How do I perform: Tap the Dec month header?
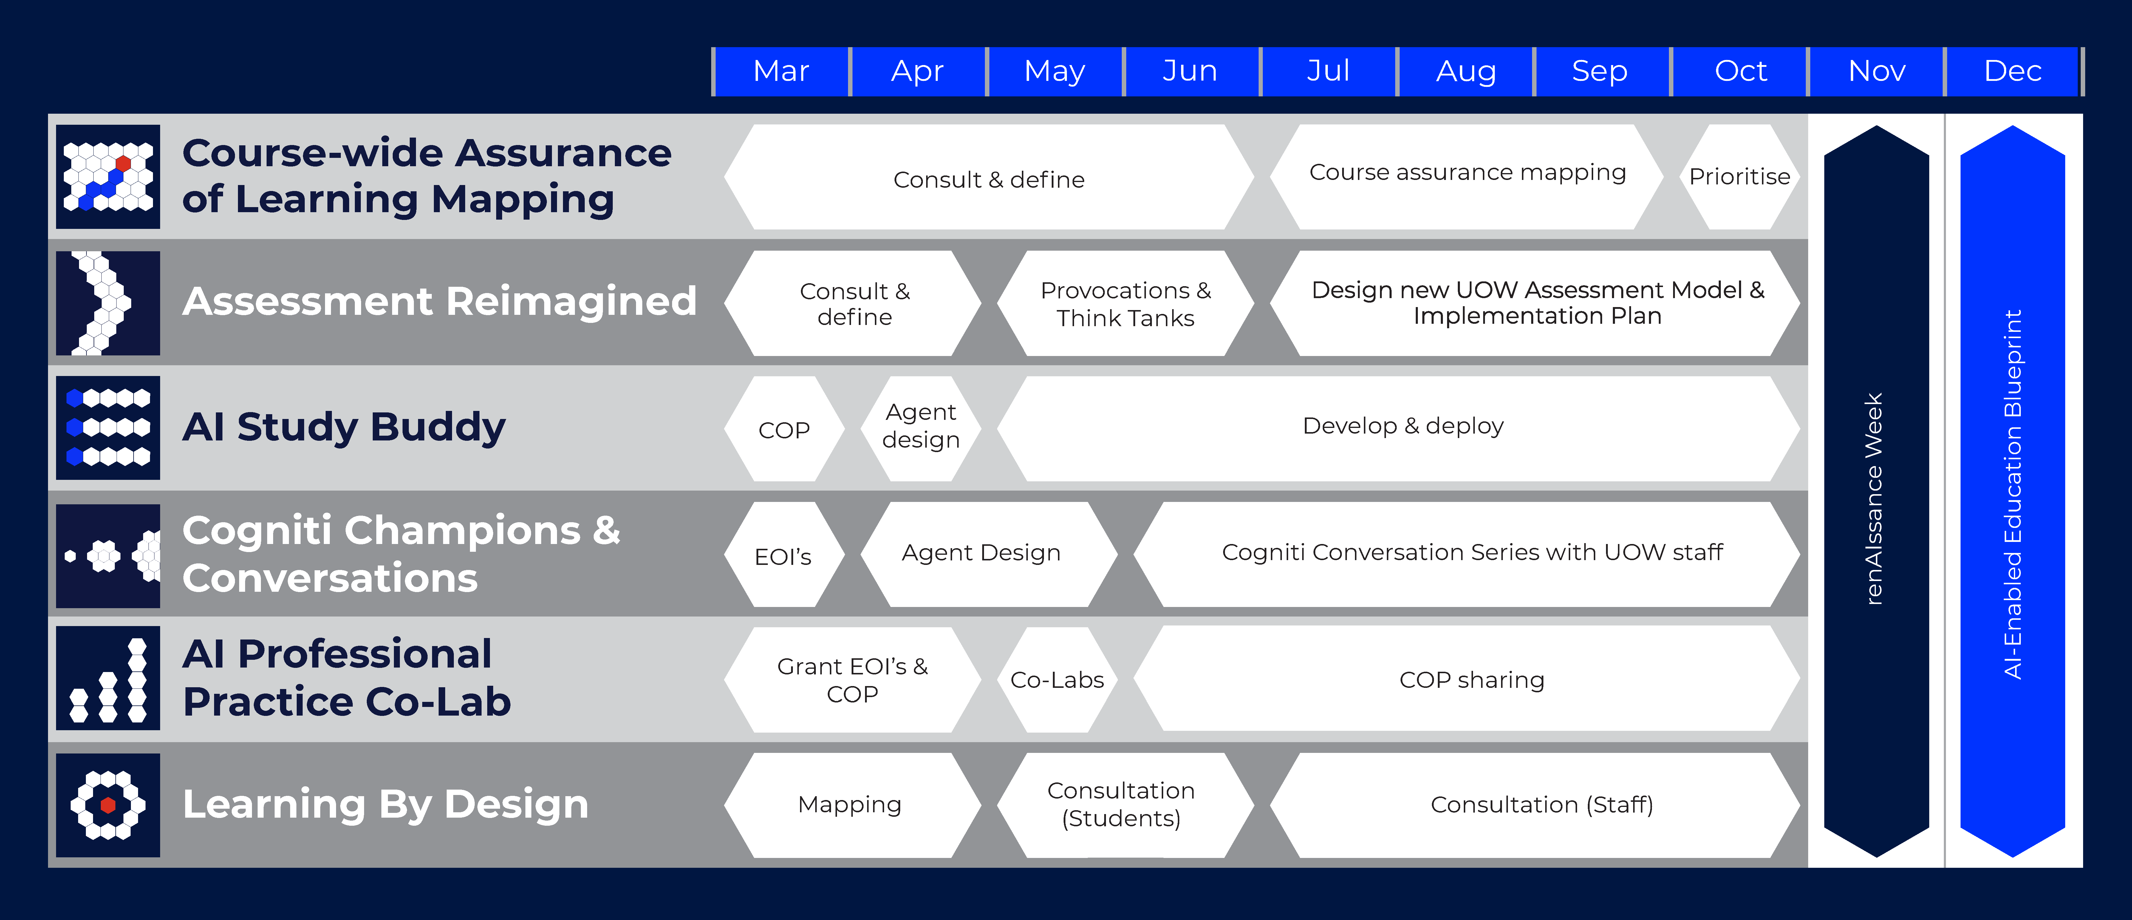(x=2012, y=71)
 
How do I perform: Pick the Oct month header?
(x=1740, y=71)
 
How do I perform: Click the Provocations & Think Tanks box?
(x=1125, y=304)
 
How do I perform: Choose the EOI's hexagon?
(x=783, y=555)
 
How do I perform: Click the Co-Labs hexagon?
(x=1057, y=680)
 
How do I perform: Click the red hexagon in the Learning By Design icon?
(x=108, y=805)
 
